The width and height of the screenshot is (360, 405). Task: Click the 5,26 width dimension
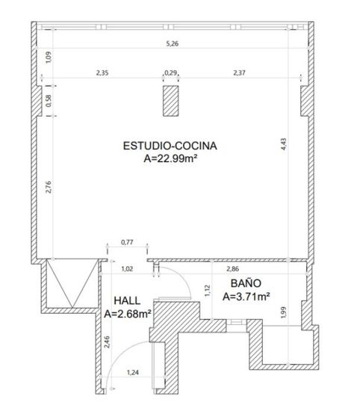tap(173, 43)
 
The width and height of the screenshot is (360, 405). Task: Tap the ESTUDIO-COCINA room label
tap(170, 146)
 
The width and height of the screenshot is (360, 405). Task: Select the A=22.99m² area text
tap(170, 158)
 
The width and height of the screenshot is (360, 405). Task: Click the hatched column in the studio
tap(171, 101)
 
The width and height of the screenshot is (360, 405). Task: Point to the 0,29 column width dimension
tap(171, 72)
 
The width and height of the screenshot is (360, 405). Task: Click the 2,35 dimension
tap(102, 72)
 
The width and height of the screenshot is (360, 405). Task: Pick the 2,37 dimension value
tap(240, 72)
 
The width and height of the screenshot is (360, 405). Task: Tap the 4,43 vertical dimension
tap(284, 144)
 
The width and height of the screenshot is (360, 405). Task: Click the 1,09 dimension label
tap(49, 58)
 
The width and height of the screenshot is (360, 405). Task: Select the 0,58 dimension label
tap(49, 101)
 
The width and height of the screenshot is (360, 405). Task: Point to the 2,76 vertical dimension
tap(49, 187)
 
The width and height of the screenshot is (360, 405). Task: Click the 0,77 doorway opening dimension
tap(127, 242)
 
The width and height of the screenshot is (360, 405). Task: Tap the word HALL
tap(127, 301)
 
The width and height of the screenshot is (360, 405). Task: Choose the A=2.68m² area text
tap(128, 314)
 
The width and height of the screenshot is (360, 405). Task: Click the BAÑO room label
tap(246, 283)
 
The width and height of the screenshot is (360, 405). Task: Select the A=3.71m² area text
tap(246, 296)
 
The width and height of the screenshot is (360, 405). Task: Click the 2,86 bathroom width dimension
tap(233, 269)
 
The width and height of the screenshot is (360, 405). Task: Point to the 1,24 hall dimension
tap(133, 372)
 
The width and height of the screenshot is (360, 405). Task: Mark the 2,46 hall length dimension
tap(107, 341)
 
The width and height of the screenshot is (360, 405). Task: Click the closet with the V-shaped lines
tap(72, 283)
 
